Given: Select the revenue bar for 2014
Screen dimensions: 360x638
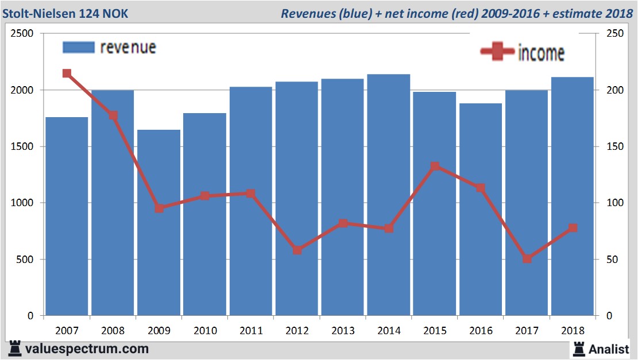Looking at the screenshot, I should click(x=389, y=195).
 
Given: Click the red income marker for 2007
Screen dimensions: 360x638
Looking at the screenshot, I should click(x=67, y=73).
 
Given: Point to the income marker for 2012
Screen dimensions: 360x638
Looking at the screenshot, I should click(x=297, y=250).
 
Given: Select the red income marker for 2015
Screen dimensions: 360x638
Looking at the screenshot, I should click(x=435, y=167).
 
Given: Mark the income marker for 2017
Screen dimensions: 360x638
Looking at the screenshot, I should click(x=527, y=259).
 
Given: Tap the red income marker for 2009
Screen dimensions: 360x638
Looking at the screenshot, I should click(x=159, y=208).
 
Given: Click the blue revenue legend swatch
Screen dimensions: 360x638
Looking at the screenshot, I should click(x=78, y=48).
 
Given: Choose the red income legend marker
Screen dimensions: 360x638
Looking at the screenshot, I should click(x=497, y=52).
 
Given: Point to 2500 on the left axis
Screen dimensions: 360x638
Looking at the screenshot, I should click(x=22, y=34).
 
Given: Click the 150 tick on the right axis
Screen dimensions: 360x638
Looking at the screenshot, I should click(x=607, y=146).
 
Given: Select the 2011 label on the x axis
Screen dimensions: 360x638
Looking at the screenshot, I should click(x=251, y=331).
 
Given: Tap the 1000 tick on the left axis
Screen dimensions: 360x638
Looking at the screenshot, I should click(x=22, y=203).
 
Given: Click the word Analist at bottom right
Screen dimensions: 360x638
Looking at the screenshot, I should click(x=609, y=349).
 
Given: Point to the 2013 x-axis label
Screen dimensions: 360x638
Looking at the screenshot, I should click(x=343, y=331).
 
